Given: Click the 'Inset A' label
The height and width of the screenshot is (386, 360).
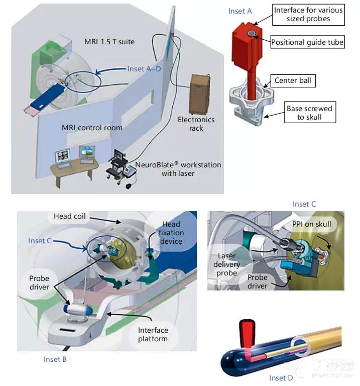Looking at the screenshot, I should click(240, 11).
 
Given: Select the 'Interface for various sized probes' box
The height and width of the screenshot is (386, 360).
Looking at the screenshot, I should click(308, 15).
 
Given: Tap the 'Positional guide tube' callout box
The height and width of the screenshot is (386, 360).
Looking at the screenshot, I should click(307, 42).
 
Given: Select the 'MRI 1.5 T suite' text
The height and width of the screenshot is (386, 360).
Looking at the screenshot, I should click(109, 41).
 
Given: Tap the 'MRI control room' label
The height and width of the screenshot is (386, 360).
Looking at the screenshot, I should click(92, 128).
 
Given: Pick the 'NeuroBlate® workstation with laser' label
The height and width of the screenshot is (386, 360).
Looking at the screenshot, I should click(178, 169).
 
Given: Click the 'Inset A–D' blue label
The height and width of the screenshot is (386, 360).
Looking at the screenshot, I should click(144, 69).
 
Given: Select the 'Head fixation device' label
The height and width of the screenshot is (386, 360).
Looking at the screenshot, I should click(172, 233).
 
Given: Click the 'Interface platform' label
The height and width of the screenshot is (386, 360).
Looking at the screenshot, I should click(153, 334).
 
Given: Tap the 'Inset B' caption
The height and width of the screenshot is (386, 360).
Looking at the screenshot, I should click(55, 359).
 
